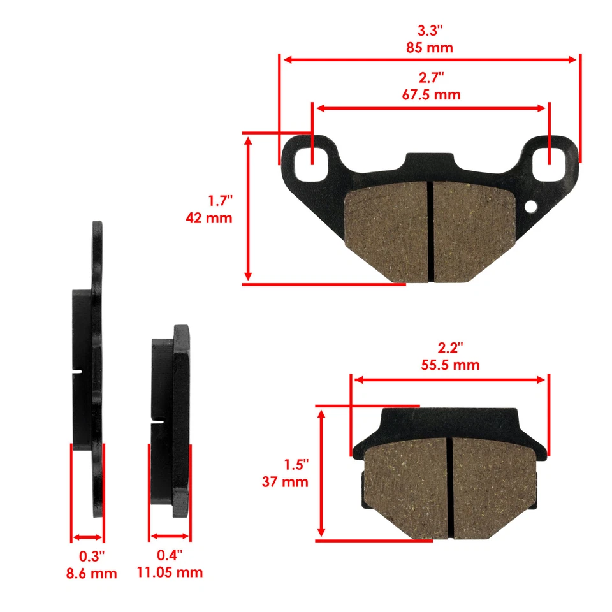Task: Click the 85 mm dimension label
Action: pos(429,47)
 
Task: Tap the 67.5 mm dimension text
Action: pos(430,95)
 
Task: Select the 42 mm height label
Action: pos(208,218)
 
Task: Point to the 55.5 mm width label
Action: pos(450,365)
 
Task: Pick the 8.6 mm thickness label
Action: pos(92,573)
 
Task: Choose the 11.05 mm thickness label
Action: pos(170,572)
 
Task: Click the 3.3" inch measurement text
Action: pos(429,30)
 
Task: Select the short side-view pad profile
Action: pos(171,421)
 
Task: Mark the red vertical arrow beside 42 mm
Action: pos(249,208)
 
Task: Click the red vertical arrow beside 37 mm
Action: pos(322,474)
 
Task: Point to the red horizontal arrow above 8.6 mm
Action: pos(87,537)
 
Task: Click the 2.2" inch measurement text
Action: pos(450,348)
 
